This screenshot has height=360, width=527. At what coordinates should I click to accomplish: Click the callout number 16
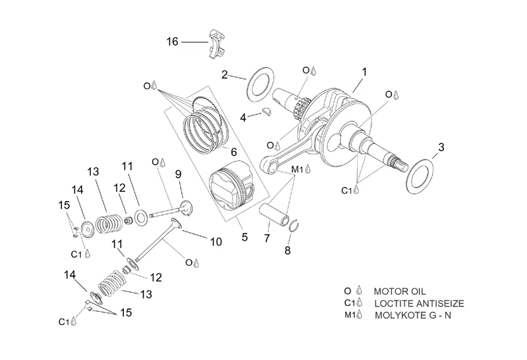(172, 42)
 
